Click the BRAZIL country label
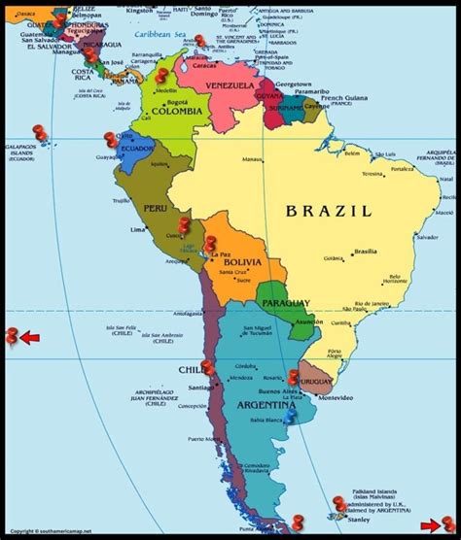click(328, 210)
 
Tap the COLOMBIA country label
click(176, 111)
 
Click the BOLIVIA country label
click(241, 262)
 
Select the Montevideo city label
click(336, 398)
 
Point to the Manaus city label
click(253, 159)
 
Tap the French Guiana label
click(346, 99)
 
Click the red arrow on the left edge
click(30, 338)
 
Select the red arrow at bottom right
click(429, 526)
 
